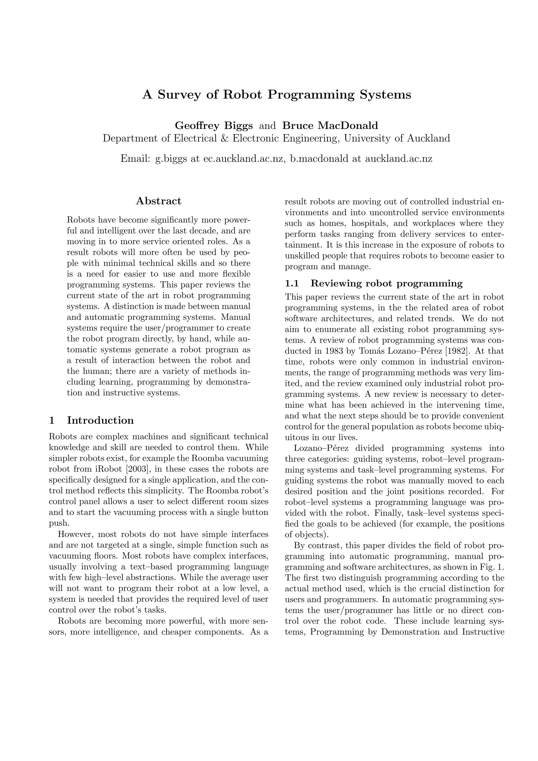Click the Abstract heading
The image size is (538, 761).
tap(158, 201)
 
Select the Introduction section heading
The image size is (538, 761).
tap(100, 420)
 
